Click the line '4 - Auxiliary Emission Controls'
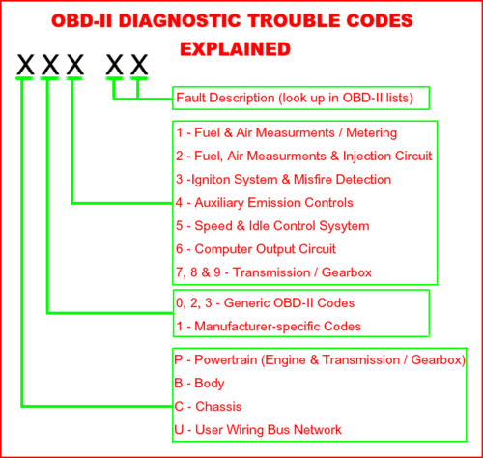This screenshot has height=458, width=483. coord(264,203)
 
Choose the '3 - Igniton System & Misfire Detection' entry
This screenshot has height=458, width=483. coord(283,179)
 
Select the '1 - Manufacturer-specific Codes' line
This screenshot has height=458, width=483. coord(268,326)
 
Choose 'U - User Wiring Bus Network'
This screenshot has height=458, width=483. coord(258,429)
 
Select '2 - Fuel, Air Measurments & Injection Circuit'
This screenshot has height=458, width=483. coord(303,156)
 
